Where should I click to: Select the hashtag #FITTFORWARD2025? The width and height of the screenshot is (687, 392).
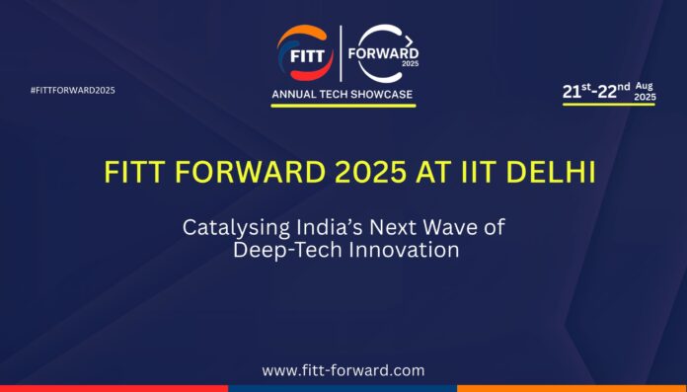73,91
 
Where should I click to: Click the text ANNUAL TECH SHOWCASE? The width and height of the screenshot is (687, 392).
343,94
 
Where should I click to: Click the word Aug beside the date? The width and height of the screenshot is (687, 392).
645,85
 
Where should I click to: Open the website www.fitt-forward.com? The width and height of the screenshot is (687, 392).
343,370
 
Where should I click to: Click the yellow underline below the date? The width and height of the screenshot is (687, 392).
608,104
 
